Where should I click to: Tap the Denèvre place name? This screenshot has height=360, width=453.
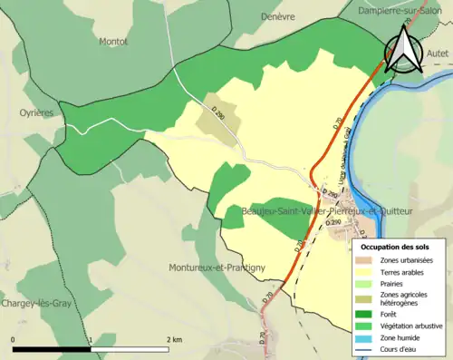277,16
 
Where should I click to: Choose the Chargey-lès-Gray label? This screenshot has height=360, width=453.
36,303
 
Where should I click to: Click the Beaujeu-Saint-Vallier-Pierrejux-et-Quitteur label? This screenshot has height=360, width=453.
328,210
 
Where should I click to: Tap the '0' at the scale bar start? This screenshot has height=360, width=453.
14,339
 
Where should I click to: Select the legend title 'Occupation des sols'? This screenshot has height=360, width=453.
395,247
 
